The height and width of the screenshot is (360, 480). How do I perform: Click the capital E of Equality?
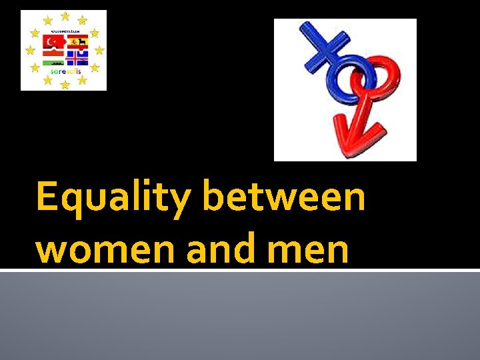point(47,198)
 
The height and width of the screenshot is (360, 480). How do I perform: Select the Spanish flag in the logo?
point(77,42)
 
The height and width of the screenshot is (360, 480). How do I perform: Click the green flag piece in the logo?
point(53,62)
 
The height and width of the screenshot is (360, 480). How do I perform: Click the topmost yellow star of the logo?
point(65,15)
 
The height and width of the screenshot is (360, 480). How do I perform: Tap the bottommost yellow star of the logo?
point(65,85)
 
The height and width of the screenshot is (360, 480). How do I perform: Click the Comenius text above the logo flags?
point(64,31)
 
